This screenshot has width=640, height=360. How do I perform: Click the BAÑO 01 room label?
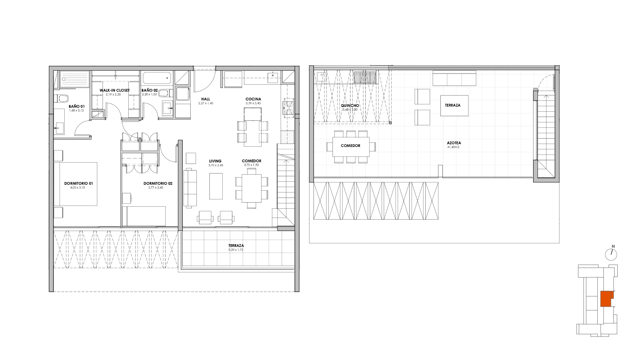pos(77,106)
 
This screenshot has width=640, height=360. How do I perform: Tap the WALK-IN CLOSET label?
pos(114,90)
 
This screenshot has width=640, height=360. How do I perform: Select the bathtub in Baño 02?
pos(157,78)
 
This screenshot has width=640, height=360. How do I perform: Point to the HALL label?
pos(206,99)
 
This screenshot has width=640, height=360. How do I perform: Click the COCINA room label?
pos(253,99)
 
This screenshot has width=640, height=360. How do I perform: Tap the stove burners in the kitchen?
pos(288,107)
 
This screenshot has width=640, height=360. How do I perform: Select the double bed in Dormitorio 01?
pos(76,184)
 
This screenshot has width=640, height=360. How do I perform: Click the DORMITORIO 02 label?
pos(158,183)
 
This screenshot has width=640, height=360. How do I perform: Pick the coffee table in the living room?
pos(216,186)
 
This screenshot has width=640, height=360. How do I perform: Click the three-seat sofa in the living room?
pos(190,188)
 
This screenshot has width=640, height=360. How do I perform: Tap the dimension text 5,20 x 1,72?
pos(236,250)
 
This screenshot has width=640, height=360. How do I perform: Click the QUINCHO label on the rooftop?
pos(350,106)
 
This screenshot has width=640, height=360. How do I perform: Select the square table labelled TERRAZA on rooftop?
pos(454,106)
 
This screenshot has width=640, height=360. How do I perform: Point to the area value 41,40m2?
pos(454,147)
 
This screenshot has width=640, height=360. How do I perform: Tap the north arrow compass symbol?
pos(611,255)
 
